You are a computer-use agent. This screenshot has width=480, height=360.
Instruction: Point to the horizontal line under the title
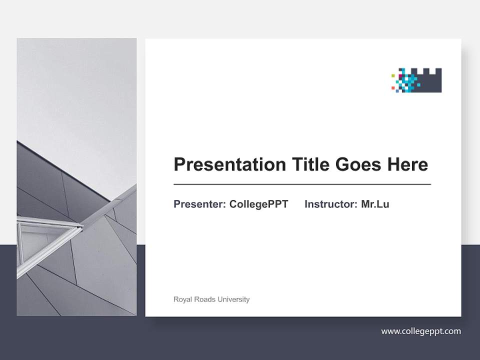tap(302, 184)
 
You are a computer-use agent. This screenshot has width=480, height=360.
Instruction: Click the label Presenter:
tap(199, 204)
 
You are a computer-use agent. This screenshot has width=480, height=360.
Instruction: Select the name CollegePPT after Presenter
tap(258, 204)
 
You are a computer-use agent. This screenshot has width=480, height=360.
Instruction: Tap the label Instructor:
tap(330, 204)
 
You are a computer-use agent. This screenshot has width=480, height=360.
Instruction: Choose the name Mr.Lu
tap(375, 204)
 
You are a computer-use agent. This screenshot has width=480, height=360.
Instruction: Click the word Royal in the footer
tap(182, 299)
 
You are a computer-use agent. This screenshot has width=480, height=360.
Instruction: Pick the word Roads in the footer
tap(203, 299)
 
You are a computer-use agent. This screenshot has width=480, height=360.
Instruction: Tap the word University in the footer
tap(232, 299)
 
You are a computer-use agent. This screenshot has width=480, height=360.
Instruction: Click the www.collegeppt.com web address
tap(421, 331)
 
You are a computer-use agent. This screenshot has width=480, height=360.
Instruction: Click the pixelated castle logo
tap(416, 80)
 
